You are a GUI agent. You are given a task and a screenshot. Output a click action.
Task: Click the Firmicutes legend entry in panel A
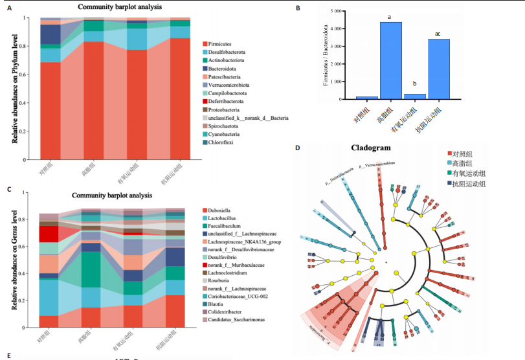click(220, 43)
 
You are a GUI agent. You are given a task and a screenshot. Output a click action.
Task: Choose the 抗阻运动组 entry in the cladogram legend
click(470, 184)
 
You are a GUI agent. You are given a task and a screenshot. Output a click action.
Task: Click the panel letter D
click(298, 148)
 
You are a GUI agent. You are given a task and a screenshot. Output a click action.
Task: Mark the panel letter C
click(8, 190)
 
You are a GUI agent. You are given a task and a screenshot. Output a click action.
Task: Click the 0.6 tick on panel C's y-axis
click(25, 247)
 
